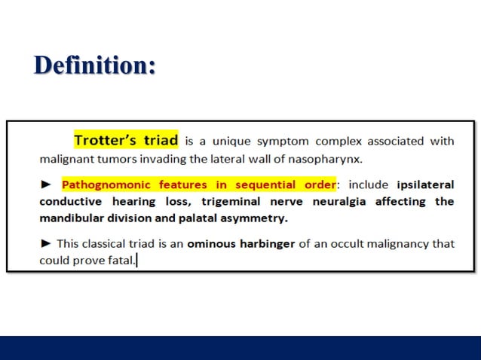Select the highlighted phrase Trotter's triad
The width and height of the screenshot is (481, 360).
click(x=126, y=140)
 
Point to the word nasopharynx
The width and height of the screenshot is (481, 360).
click(x=332, y=159)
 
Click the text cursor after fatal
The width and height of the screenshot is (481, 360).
click(x=136, y=261)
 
